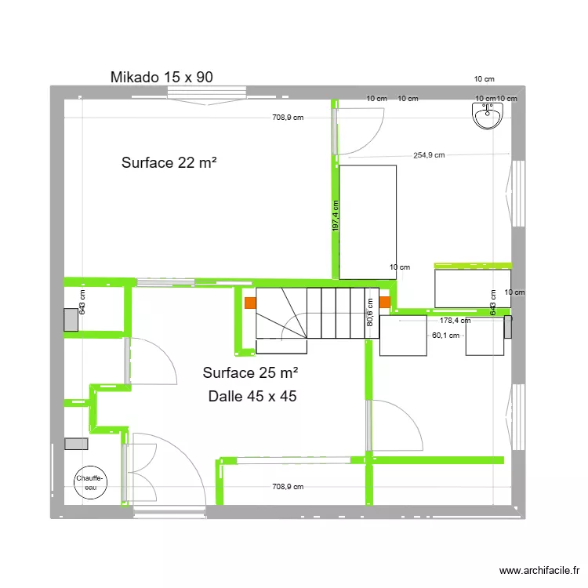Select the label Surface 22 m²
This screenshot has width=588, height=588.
pos(169,163)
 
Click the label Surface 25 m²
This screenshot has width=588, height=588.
pos(250,373)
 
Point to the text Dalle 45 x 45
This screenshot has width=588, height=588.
pos(252,397)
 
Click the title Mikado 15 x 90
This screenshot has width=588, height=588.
pos(162,77)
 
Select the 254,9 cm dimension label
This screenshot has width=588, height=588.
pos(428,155)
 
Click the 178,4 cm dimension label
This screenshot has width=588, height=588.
pos(455,321)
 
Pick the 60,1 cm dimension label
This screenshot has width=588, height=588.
pos(445,335)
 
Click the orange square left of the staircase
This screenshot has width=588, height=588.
pos(249,302)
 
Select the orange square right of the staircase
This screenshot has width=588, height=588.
pos(385,302)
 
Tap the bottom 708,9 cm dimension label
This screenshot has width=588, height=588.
pos(288,487)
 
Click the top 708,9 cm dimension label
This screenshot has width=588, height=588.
pos(288,118)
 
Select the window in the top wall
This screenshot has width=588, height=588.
pos(208,92)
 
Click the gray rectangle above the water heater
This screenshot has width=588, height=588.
pos(77,444)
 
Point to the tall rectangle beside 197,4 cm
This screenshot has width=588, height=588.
pos(368,221)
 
